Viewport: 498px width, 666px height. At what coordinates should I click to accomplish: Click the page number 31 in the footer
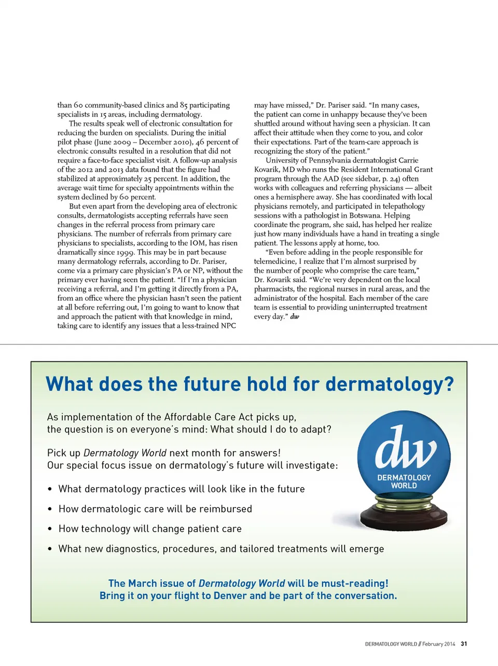(464, 644)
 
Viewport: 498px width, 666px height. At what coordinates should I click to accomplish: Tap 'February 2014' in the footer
(438, 644)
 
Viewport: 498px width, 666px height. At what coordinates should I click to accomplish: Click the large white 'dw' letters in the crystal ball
(405, 448)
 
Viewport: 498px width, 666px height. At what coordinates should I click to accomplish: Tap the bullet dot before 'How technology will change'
(50, 529)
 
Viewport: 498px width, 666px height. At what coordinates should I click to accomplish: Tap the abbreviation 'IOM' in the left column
(198, 243)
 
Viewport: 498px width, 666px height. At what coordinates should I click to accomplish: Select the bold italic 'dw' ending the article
(295, 316)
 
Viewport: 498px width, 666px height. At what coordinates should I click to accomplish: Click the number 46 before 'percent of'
(200, 142)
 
